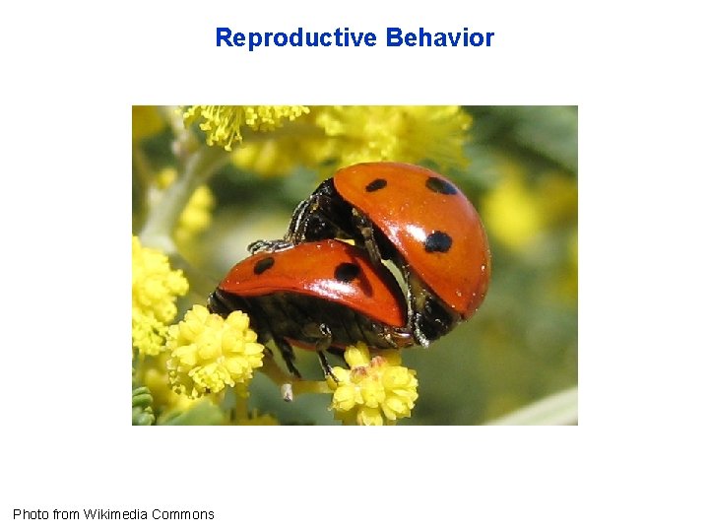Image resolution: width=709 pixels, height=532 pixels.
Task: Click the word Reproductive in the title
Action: coord(295,38)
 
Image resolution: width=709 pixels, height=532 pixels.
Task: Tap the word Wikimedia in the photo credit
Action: coord(118,514)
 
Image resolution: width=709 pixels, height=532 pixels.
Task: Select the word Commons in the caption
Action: coord(185,514)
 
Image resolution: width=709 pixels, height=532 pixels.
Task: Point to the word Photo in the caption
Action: coord(30,514)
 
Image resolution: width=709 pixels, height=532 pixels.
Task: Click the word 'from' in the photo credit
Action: coord(65,514)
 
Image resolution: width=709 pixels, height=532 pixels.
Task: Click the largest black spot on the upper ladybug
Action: coord(437,241)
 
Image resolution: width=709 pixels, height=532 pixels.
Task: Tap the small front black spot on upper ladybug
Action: coord(375,185)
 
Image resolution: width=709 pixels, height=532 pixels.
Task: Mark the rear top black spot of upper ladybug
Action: coord(440,185)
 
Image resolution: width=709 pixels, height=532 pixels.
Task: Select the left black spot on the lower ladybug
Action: coord(263,265)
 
